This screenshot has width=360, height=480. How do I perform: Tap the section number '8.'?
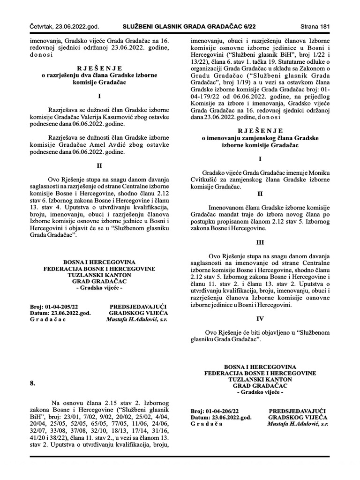click(33, 383)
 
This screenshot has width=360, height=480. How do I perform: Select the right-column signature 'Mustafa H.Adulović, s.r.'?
click(298, 423)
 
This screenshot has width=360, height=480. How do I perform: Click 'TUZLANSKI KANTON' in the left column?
click(99, 275)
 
